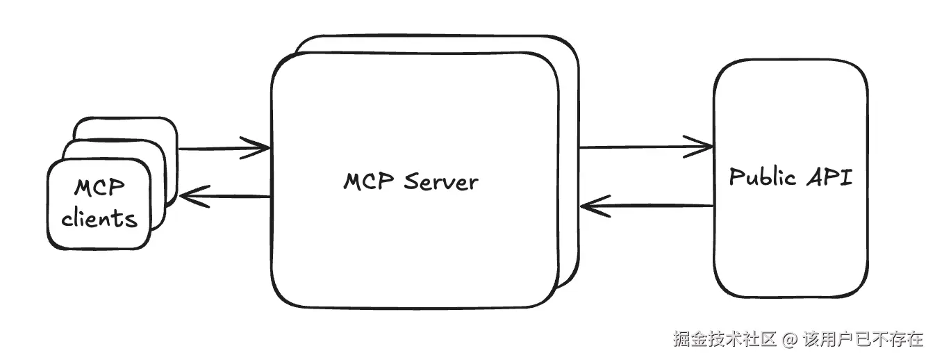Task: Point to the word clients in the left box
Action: (x=99, y=218)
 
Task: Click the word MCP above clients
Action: (x=99, y=188)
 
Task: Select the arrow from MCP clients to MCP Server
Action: (x=222, y=147)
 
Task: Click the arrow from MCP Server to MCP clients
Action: (x=222, y=197)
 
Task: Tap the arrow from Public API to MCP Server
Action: (x=646, y=206)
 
